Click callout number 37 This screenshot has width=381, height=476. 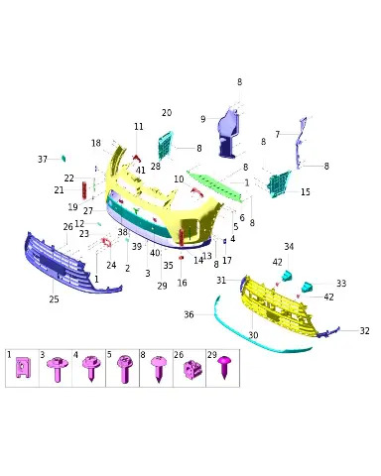pyautogui.click(x=43, y=160)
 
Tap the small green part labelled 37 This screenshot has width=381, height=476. pyautogui.click(x=63, y=159)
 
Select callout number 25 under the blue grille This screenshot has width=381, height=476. pyautogui.click(x=54, y=299)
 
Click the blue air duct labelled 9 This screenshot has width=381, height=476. pyautogui.click(x=229, y=133)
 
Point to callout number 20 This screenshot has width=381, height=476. pyautogui.click(x=167, y=113)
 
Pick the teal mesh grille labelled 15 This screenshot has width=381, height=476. pyautogui.click(x=279, y=184)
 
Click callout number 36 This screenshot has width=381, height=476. pyautogui.click(x=189, y=314)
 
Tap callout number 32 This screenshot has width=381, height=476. pyautogui.click(x=364, y=331)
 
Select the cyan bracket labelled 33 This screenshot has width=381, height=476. pyautogui.click(x=308, y=287)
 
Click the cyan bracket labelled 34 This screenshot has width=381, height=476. pyautogui.click(x=287, y=276)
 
